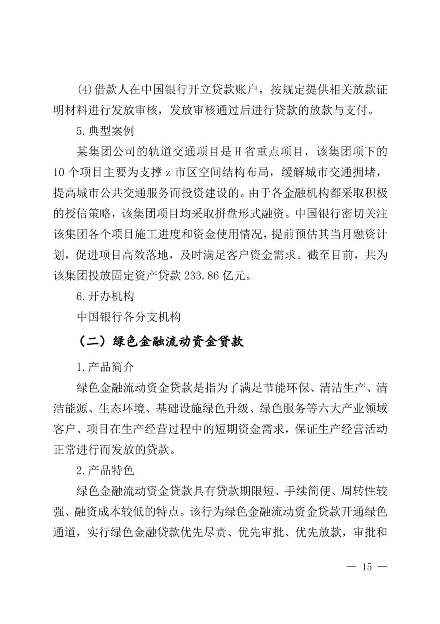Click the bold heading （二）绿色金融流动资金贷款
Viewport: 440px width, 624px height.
[160, 341]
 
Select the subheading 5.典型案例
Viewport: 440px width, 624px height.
[105, 131]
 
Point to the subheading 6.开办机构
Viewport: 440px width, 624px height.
[105, 296]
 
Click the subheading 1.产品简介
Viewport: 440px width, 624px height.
[105, 367]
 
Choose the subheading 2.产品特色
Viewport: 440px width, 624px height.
[105, 470]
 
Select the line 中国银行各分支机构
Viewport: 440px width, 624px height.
[128, 317]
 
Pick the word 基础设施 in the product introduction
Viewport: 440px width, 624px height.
[179, 408]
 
